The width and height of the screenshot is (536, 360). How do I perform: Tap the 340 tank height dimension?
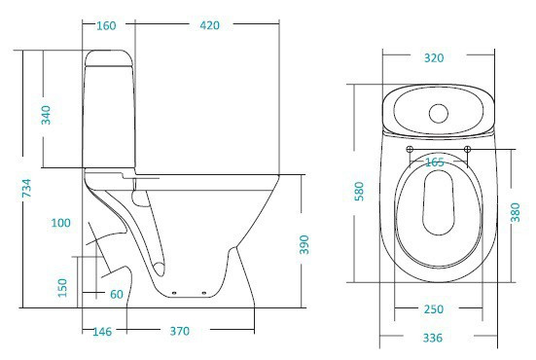[46, 114]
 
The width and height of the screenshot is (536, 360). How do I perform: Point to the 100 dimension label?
[60, 224]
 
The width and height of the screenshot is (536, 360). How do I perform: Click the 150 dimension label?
[62, 287]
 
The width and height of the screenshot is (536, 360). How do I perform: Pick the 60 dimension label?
[117, 294]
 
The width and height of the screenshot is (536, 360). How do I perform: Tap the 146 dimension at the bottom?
[103, 333]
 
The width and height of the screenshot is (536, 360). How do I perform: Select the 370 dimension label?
[180, 333]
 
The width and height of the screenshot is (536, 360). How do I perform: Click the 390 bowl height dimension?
[304, 242]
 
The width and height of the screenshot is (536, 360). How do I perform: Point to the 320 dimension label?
[433, 58]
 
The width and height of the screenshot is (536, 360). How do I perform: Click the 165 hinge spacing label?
[434, 162]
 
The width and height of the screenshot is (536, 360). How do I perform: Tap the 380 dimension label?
[516, 211]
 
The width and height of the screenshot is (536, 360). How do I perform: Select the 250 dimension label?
[433, 309]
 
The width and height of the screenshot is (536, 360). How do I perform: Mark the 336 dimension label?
[433, 338]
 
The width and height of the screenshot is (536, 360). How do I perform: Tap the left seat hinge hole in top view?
[409, 149]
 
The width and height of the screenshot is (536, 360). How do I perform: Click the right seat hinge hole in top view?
[468, 149]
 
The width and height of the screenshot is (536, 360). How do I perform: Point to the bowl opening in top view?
[439, 209]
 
